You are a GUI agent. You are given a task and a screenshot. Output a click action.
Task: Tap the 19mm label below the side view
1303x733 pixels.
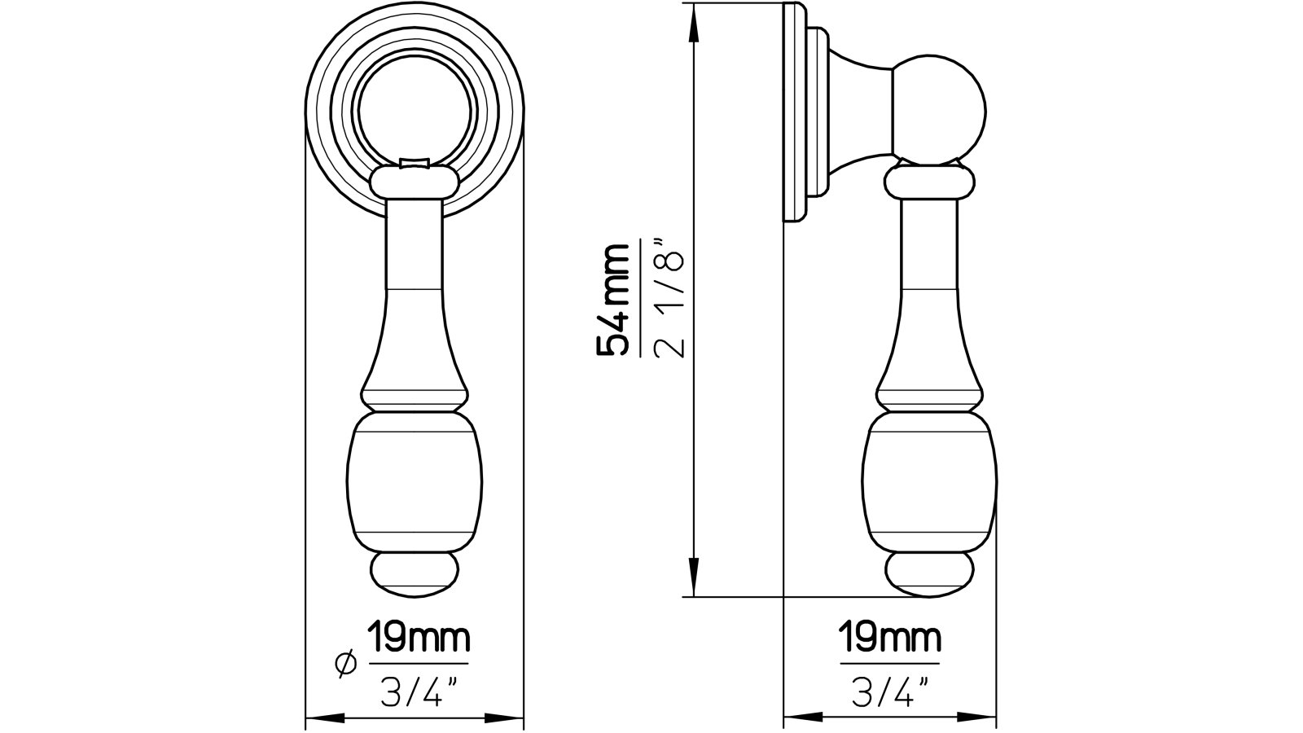[890, 637]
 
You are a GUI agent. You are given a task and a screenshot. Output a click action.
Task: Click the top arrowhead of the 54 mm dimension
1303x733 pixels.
[693, 20]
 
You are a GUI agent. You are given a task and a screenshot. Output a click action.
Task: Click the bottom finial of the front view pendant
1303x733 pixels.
[415, 573]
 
